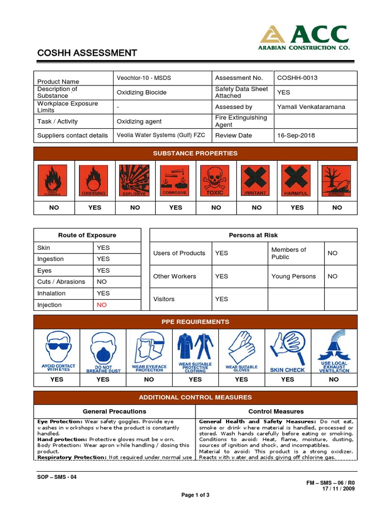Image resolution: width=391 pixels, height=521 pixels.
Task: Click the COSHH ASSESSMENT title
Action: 87,53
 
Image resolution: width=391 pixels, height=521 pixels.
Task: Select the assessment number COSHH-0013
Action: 297,78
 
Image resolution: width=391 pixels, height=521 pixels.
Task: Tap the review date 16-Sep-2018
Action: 296,136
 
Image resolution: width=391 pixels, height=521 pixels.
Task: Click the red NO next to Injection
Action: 102,305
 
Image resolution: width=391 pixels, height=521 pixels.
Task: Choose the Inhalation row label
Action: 51,293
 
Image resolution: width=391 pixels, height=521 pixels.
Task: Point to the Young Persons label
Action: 293,276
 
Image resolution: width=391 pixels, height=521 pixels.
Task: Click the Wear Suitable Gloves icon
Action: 241,351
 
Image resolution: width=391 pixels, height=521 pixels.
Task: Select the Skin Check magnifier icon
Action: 287,351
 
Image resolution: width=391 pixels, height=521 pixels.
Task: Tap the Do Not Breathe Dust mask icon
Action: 102,351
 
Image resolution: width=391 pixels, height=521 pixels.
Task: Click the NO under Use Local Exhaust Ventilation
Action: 334,380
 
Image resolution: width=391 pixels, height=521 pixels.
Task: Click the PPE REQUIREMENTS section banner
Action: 195,322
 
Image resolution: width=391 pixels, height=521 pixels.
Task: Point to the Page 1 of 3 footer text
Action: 195,495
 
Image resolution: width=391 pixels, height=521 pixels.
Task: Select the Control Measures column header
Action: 276,411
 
